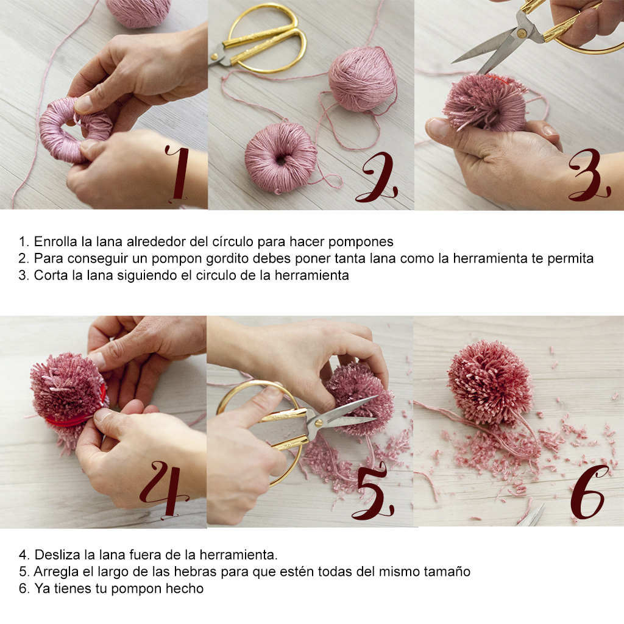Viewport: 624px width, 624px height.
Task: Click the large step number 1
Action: [x=179, y=173]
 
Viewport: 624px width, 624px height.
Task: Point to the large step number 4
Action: [x=164, y=489]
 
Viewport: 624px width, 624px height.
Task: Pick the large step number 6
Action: [x=588, y=492]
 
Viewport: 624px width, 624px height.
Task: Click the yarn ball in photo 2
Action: [x=362, y=79]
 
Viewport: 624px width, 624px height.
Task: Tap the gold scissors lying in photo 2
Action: [x=258, y=38]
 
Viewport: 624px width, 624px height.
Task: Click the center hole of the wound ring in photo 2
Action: [x=281, y=160]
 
